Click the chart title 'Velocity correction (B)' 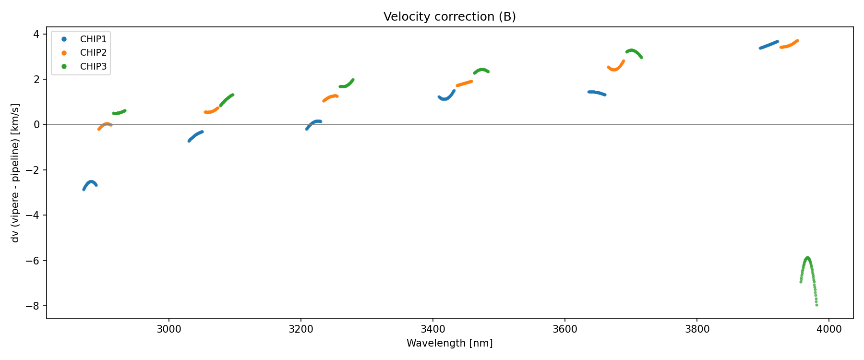(449, 17)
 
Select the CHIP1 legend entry (93, 39)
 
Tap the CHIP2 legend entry (93, 53)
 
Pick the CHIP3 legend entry (93, 67)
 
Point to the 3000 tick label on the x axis (169, 329)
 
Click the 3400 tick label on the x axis (433, 329)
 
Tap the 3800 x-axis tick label (697, 329)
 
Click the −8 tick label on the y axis (36, 306)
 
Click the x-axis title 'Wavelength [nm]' (449, 343)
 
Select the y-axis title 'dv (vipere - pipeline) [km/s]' (15, 173)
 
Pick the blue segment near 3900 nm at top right (768, 45)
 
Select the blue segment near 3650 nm (597, 93)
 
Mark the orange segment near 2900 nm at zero (105, 125)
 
